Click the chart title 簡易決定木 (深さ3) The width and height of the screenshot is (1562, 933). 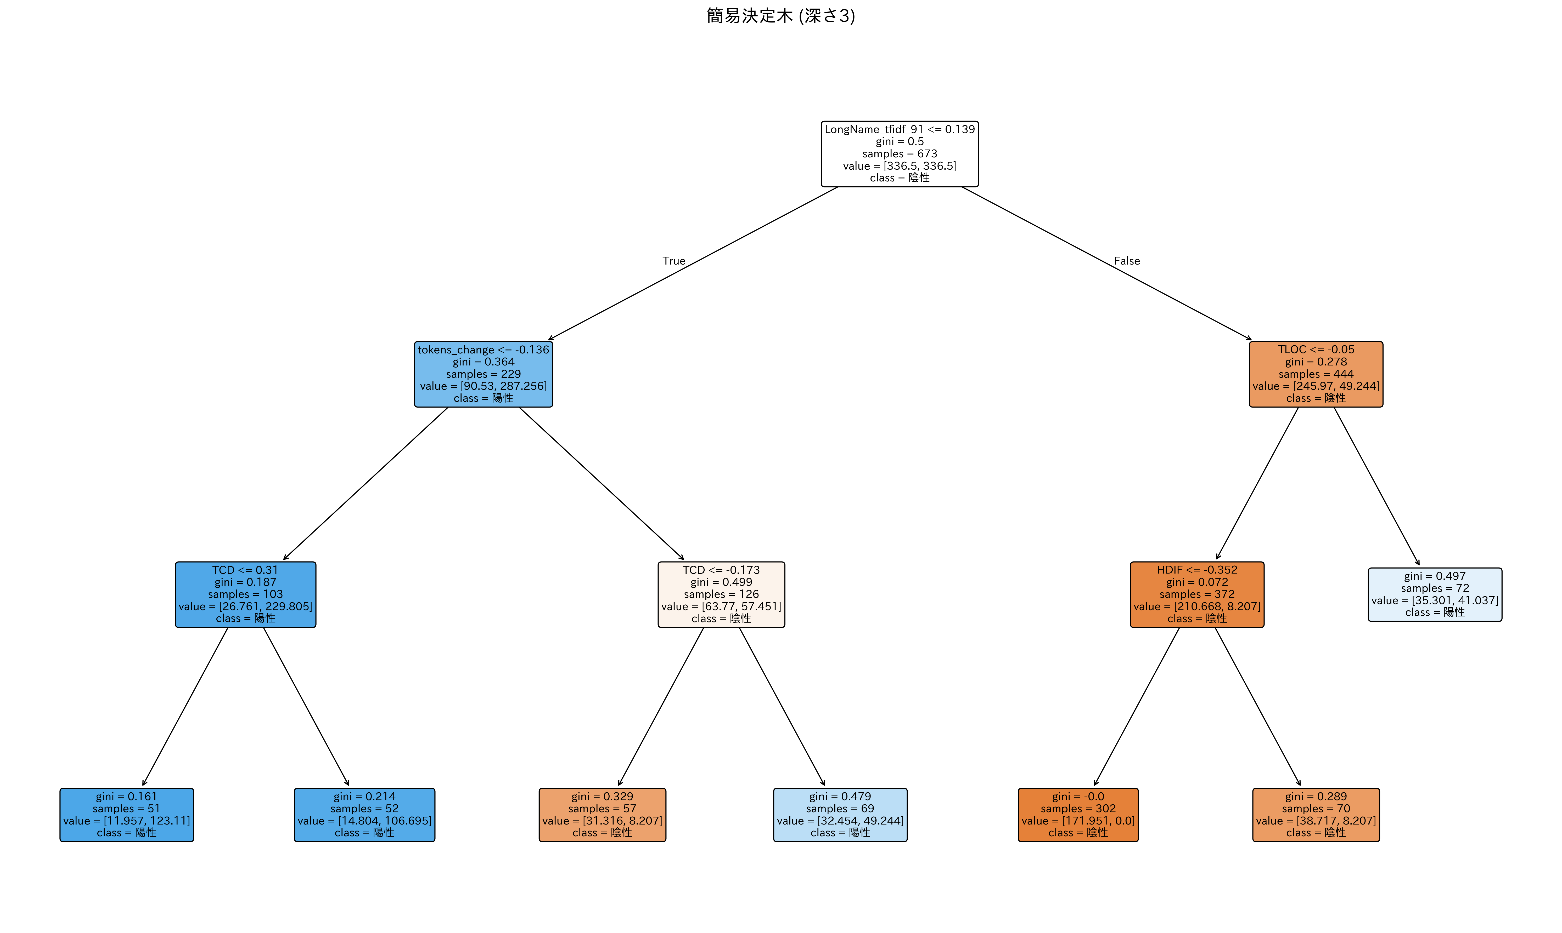pyautogui.click(x=781, y=16)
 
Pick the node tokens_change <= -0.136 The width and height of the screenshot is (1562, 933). pyautogui.click(x=483, y=374)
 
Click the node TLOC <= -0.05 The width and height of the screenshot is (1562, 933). pyautogui.click(x=1316, y=374)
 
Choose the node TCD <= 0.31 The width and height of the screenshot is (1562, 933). pyautogui.click(x=245, y=594)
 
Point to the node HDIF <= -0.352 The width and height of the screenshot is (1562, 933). pyautogui.click(x=1197, y=594)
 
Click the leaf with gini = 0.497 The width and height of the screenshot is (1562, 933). pyautogui.click(x=1435, y=594)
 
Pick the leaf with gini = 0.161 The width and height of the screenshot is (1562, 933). pyautogui.click(x=126, y=815)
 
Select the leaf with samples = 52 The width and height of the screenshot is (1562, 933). pyautogui.click(x=364, y=815)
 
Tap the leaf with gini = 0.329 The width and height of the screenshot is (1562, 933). pyautogui.click(x=602, y=815)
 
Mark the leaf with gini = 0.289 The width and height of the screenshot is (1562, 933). pyautogui.click(x=1316, y=815)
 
